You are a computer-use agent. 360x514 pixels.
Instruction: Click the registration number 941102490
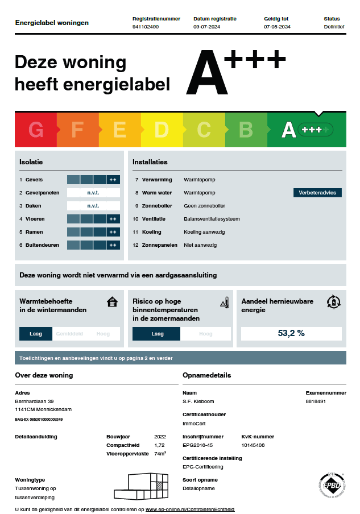pyautogui.click(x=146, y=27)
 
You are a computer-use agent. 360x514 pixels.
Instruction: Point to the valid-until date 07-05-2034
pyautogui.click(x=277, y=27)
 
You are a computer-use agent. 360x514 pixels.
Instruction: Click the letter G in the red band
pyautogui.click(x=36, y=130)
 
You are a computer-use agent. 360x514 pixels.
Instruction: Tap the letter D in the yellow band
pyautogui.click(x=162, y=130)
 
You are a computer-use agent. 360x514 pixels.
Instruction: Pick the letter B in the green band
pyautogui.click(x=246, y=130)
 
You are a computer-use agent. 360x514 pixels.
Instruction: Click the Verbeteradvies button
pyautogui.click(x=317, y=193)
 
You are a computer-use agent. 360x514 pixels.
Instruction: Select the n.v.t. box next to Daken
pyautogui.click(x=93, y=206)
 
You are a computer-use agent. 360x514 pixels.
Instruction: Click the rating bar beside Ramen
pyautogui.click(x=93, y=232)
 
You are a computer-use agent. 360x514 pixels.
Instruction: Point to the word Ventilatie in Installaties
pyautogui.click(x=154, y=219)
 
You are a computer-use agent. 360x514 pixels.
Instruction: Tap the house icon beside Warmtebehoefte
pyautogui.click(x=112, y=302)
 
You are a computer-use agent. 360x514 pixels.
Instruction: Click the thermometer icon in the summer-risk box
pyautogui.click(x=225, y=302)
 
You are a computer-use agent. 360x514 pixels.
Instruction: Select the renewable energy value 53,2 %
pyautogui.click(x=291, y=333)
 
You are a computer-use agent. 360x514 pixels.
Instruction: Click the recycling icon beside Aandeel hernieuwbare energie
pyautogui.click(x=333, y=301)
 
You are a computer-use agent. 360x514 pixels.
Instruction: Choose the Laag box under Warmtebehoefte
pyautogui.click(x=35, y=334)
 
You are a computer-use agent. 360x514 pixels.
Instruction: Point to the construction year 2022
pyautogui.click(x=160, y=437)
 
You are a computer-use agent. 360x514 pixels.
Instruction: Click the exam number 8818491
pyautogui.click(x=316, y=401)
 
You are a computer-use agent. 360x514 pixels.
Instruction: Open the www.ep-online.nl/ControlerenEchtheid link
pyautogui.click(x=190, y=509)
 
